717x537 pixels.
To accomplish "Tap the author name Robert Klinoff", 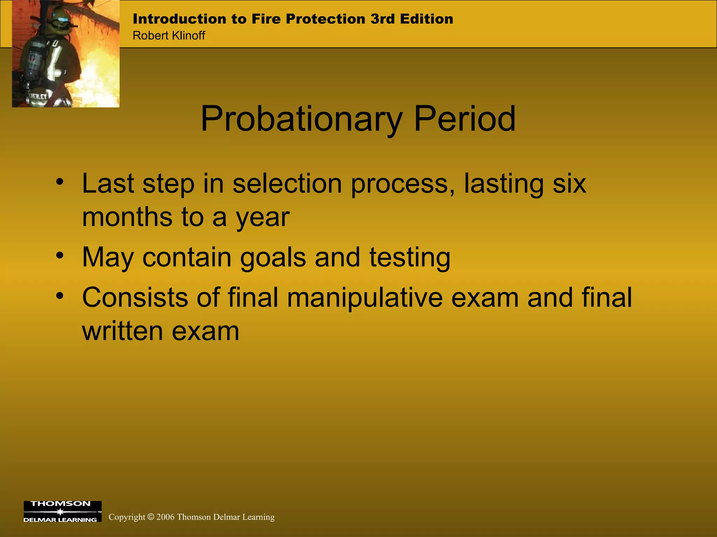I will coord(169,35).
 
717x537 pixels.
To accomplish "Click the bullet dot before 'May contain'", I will coord(60,256).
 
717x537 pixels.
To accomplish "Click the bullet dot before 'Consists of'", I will coord(60,296).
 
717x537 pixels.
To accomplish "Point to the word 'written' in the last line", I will coord(123,331).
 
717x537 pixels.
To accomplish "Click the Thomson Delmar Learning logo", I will coord(62,511).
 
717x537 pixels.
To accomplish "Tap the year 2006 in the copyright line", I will coord(165,517).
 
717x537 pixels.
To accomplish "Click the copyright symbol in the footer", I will coord(151,517).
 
